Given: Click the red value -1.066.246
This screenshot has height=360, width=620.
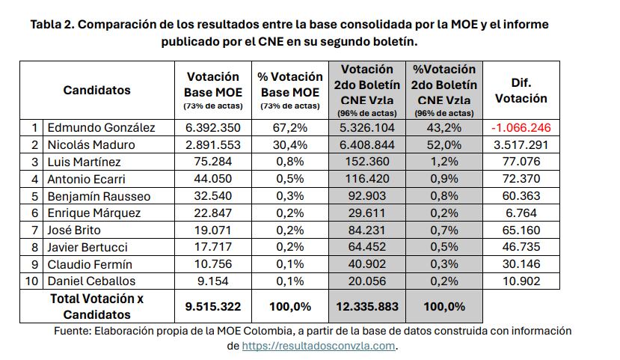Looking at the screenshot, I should pyautogui.click(x=521, y=127).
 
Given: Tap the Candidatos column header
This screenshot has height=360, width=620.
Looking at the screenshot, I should pyautogui.click(x=96, y=90).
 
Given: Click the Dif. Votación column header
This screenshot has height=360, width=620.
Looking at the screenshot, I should pyautogui.click(x=521, y=90).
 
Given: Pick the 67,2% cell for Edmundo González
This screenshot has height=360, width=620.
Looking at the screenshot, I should pyautogui.click(x=290, y=127).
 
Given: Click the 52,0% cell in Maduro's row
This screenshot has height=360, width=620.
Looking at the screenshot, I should pyautogui.click(x=444, y=144).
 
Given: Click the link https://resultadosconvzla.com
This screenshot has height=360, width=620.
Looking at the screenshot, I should pyautogui.click(x=319, y=346).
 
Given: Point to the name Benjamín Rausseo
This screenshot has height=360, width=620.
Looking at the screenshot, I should pyautogui.click(x=98, y=196).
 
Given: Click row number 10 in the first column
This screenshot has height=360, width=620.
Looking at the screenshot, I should pyautogui.click(x=32, y=281).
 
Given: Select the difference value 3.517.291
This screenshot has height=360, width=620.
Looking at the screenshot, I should pyautogui.click(x=521, y=144).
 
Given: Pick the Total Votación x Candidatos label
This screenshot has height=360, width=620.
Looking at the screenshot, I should pyautogui.click(x=96, y=307).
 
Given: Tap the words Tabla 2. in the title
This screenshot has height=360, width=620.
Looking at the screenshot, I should pyautogui.click(x=52, y=24).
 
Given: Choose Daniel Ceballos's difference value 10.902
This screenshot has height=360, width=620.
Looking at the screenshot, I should pyautogui.click(x=521, y=281).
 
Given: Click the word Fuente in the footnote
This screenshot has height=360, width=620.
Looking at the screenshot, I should pyautogui.click(x=72, y=331).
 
